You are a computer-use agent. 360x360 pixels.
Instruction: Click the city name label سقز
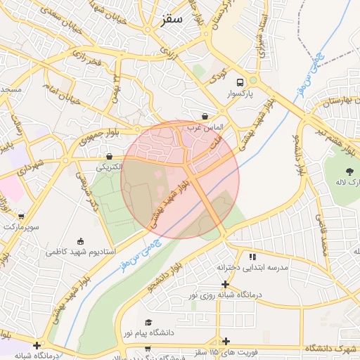pyautogui.click(x=171, y=19)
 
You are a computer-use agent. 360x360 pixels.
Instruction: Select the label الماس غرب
pyautogui.click(x=209, y=127)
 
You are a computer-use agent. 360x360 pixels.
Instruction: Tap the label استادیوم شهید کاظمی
pyautogui.click(x=77, y=251)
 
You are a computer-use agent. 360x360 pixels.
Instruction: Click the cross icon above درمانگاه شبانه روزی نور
pyautogui.click(x=225, y=284)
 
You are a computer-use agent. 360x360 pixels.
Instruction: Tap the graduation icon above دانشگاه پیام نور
pyautogui.click(x=148, y=322)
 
